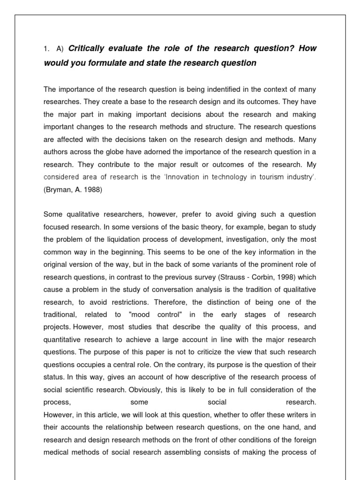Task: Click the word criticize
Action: tap(210, 352)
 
